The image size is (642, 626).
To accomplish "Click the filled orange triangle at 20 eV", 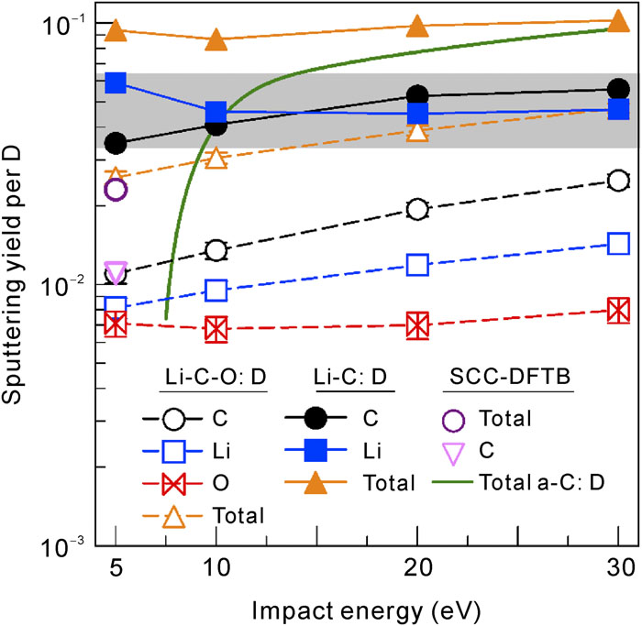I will click(x=417, y=26).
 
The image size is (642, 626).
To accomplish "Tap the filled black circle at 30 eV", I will click(x=618, y=89).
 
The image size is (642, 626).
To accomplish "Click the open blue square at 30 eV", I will click(x=618, y=243).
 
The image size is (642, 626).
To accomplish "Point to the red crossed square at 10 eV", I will click(x=216, y=329).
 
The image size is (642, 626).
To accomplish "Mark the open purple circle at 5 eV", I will click(x=116, y=190).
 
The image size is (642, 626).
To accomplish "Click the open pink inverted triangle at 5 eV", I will click(x=116, y=272).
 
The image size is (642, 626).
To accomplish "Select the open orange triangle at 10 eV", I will click(x=216, y=159).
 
